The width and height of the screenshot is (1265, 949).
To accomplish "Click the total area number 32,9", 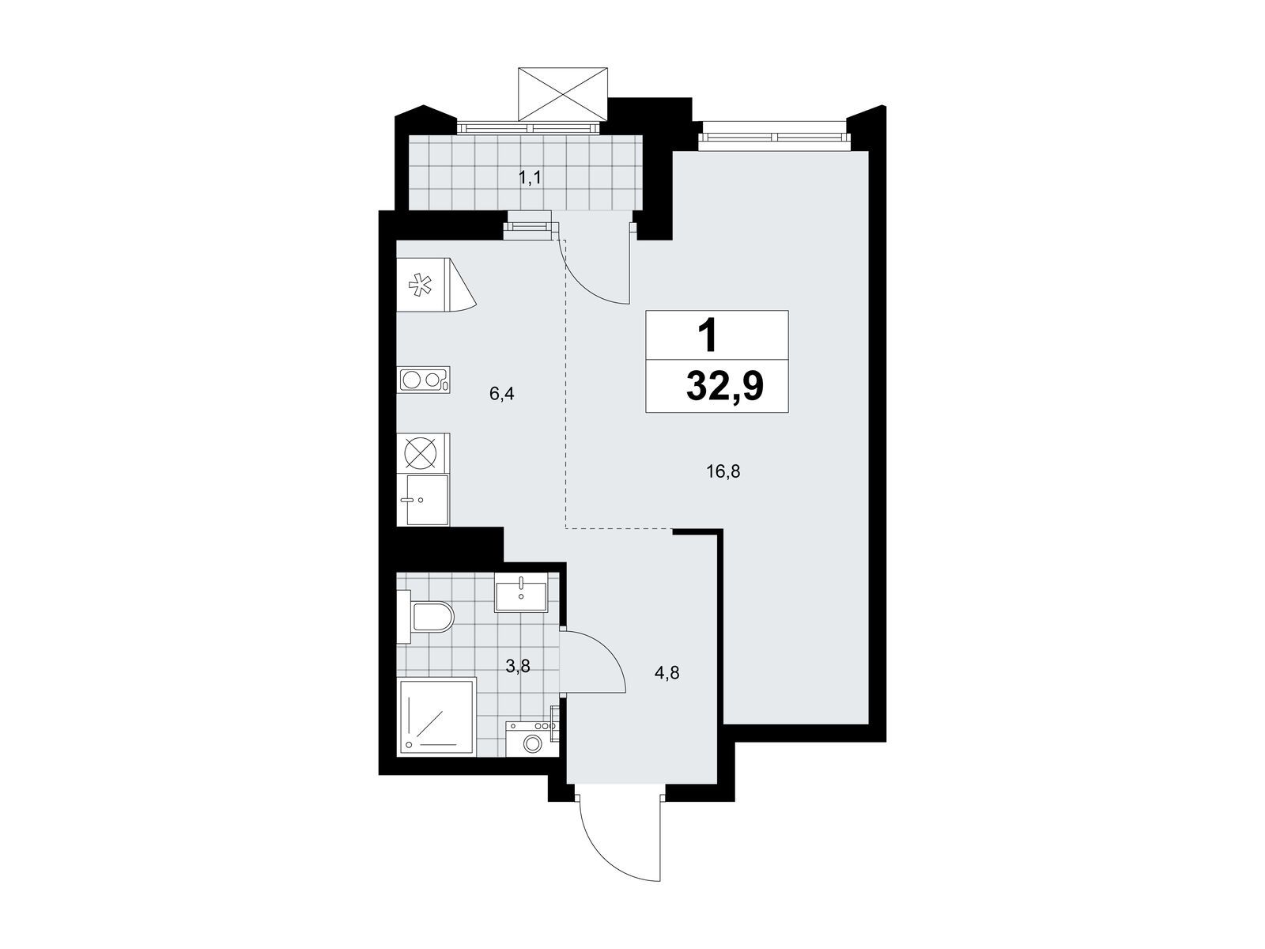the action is [724, 386].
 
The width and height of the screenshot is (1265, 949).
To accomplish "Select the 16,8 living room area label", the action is [723, 472].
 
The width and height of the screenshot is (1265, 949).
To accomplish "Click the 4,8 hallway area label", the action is [666, 672].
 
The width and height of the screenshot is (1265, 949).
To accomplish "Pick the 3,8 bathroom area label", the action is [518, 666].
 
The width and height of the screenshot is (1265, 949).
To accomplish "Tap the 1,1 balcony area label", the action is [531, 178].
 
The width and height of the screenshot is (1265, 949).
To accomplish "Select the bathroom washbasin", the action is [520, 592].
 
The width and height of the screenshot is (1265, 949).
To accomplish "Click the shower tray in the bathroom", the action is [437, 716].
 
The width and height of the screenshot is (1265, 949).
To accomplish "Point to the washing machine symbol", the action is [531, 739].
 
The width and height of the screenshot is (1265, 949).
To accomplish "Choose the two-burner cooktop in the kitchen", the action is [424, 380].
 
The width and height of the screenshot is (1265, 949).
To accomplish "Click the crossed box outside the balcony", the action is [562, 94].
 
